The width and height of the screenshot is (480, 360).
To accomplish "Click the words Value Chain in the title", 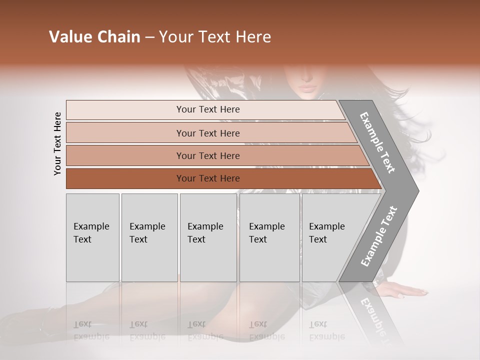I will click(x=94, y=37).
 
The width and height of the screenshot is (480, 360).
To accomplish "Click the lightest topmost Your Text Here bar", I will click(x=207, y=109).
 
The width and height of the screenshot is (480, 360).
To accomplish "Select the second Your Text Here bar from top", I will click(x=207, y=133).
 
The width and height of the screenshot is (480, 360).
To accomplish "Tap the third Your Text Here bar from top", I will click(x=207, y=155).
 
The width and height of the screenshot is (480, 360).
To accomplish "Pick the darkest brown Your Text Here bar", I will click(x=207, y=178).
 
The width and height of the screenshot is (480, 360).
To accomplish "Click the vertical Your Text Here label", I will click(x=57, y=143).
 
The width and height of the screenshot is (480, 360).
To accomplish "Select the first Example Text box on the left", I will click(x=92, y=237).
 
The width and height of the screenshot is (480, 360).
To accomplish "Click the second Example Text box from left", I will click(x=149, y=237).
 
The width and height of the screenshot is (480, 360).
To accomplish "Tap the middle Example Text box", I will click(x=208, y=237).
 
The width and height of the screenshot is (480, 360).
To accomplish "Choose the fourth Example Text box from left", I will click(x=269, y=237).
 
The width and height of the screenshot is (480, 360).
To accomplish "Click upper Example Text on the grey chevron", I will click(x=378, y=142).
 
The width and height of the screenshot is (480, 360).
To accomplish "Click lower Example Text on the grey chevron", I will click(x=379, y=236).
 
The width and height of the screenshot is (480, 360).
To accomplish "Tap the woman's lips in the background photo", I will click(x=307, y=88).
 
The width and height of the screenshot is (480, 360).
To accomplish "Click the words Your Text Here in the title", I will click(x=215, y=37).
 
